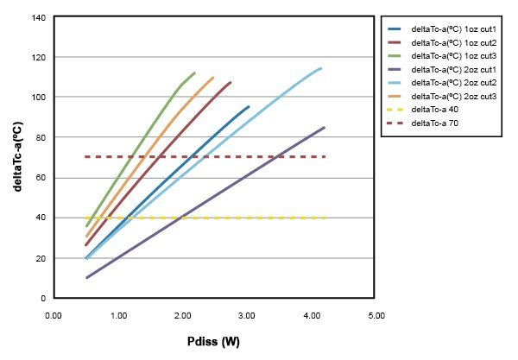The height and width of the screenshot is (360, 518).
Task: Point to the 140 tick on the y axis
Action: (39, 17)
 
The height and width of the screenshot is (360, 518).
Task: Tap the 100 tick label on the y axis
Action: (39, 97)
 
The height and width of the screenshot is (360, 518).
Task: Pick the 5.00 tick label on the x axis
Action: (375, 315)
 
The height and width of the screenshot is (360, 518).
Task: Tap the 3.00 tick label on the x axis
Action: (246, 315)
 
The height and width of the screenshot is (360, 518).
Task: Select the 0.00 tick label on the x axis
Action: (54, 315)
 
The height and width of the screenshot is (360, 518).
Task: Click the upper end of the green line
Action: (195, 73)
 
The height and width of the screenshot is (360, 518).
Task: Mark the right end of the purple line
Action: (325, 128)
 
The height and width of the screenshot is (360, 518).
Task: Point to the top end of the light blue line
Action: (321, 68)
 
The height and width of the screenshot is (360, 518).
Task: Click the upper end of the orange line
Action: (213, 78)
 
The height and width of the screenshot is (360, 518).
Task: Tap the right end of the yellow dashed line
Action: (325, 218)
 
